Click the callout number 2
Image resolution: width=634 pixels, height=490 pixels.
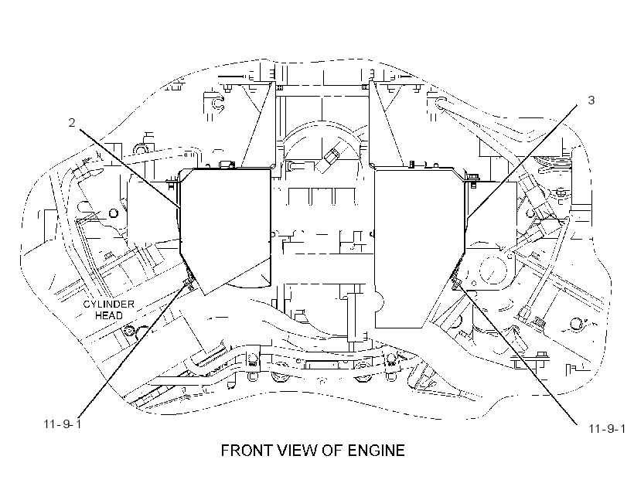(72, 122)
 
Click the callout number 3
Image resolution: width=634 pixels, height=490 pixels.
(591, 100)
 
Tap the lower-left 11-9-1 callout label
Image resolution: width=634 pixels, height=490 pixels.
(63, 424)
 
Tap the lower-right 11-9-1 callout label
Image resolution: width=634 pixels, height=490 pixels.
(607, 428)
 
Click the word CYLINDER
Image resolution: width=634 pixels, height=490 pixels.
(108, 305)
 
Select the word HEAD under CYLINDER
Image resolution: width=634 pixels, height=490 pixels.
(109, 315)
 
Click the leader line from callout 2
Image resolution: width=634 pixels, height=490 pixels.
(129, 168)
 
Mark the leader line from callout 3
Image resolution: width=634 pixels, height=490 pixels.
(522, 162)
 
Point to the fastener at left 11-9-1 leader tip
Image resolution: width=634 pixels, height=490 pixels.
(189, 281)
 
